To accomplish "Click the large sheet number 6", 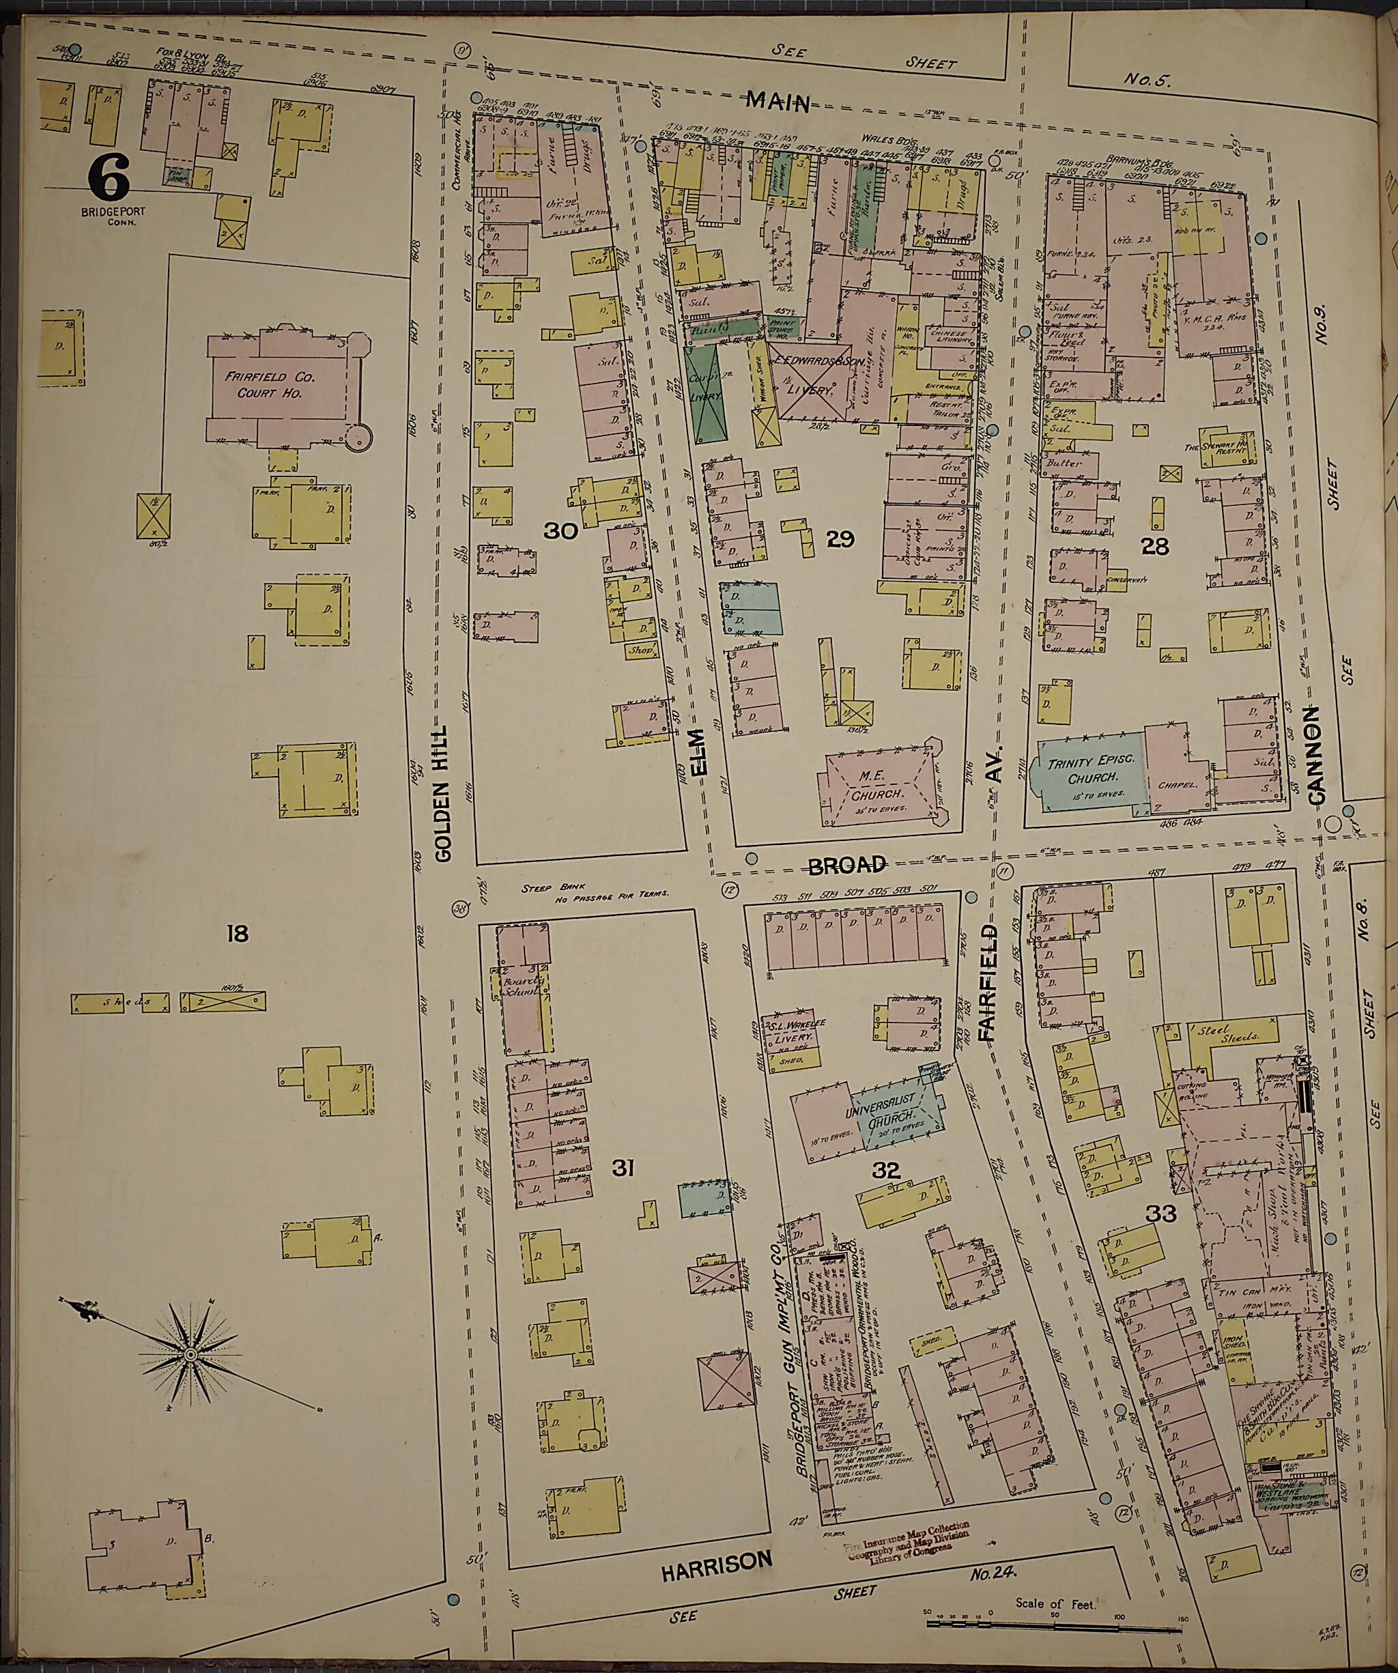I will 109,177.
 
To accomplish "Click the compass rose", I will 191,1354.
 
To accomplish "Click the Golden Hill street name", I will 444,792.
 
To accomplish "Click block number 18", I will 238,933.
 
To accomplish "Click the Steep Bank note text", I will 595,891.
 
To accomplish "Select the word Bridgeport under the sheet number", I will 108,213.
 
